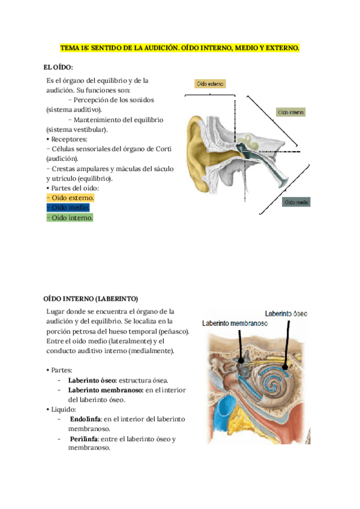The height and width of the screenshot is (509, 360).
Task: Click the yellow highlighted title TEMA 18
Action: tap(179, 47)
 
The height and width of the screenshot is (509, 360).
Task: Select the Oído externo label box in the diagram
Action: tap(211, 84)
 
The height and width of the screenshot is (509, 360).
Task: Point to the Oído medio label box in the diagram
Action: tap(297, 202)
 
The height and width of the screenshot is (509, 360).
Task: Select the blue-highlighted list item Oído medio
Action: tap(68, 208)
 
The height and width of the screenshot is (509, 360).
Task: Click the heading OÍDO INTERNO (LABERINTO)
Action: tap(91, 298)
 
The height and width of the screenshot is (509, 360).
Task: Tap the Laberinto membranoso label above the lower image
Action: tap(235, 323)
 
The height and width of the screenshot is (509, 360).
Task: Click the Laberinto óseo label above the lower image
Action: tap(286, 313)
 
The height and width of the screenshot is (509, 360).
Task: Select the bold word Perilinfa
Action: tap(83, 439)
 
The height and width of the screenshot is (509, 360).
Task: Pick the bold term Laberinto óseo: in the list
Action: tap(93, 380)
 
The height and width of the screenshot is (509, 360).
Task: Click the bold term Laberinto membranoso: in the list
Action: tap(104, 390)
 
